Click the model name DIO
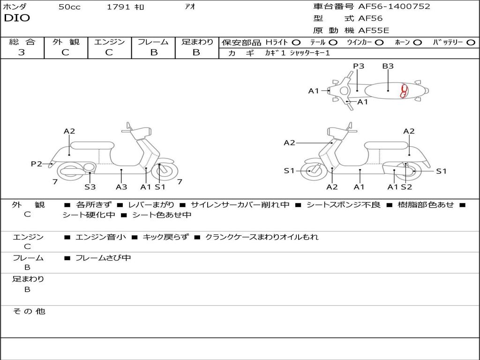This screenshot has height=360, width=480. coord(17,18)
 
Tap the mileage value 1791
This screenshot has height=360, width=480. coord(118,7)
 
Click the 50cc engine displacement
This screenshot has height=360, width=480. coord(69,7)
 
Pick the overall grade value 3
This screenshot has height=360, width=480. coord(22,52)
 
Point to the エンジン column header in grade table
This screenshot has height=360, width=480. coord(109,42)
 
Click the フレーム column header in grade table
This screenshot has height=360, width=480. coord(153,42)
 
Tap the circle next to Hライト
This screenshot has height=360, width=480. coord(296,42)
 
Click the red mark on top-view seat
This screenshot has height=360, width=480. coord(404,91)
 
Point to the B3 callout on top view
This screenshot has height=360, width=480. coord(388,66)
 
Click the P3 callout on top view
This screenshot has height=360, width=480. coord(359,66)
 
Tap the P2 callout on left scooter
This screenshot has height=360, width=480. coord(37,164)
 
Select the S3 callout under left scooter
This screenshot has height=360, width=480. coord(90,187)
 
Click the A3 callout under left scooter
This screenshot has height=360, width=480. coord(121,187)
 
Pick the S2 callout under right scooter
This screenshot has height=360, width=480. coord(406,187)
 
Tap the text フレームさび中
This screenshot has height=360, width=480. coord(103,258)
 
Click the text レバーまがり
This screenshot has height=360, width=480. coord(151,205)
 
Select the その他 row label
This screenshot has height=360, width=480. coord(29,311)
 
